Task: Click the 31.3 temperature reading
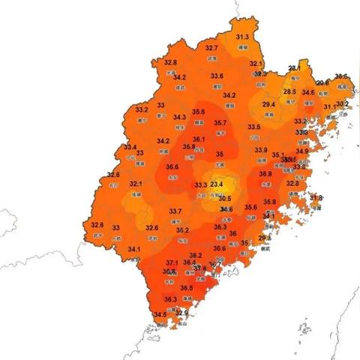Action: pos(242,37)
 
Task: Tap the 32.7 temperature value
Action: pos(211,49)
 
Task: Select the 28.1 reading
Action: pos(294,68)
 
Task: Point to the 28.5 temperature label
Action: pos(289,91)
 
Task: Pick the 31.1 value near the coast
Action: pos(329,107)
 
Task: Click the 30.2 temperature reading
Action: pos(342,103)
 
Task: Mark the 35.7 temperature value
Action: pos(220,123)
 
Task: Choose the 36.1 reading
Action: pos(199,139)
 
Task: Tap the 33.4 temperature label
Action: pos(130,147)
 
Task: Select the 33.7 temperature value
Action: pos(175,211)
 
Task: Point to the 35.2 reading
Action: pos(182,230)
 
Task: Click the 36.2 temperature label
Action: pos(196,256)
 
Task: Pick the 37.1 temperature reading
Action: pos(172,262)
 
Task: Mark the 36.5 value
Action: pos(187,288)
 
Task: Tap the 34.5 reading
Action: pos(160,314)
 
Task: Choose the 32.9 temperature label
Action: pos(181,313)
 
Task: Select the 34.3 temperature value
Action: pos(180,117)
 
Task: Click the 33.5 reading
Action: pos(254,127)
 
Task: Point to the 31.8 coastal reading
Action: pos(316,198)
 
